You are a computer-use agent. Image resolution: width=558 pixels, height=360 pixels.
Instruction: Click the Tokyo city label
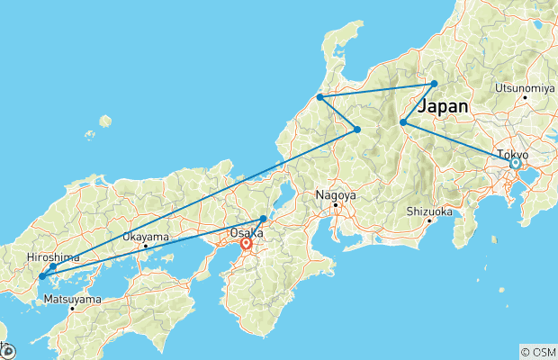coord(515,154)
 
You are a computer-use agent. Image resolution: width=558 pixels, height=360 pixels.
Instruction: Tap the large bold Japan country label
coord(443,106)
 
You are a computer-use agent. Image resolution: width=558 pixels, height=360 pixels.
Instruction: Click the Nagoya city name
coord(336,194)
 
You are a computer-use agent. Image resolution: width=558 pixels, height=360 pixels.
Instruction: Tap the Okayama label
coord(145,237)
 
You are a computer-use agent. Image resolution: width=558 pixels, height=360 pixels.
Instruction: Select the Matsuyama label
coord(72,299)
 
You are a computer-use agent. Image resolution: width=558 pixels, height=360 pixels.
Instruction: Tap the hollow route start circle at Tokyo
coord(515,164)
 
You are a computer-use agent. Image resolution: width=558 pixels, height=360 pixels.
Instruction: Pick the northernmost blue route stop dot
coord(434,84)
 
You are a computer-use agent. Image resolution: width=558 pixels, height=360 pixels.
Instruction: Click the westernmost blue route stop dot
coord(41,276)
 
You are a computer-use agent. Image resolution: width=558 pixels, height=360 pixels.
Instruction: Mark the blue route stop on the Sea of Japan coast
coord(319,97)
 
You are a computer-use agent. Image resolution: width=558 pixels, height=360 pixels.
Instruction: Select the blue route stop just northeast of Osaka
coord(263,219)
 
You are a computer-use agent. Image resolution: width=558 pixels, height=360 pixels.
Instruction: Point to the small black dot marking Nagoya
coord(336,204)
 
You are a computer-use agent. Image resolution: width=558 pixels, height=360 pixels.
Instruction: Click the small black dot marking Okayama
coord(145,246)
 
